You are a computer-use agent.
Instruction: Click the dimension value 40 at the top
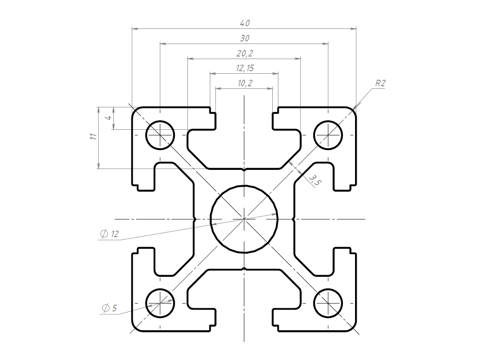click(x=245, y=23)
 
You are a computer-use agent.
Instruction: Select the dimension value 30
click(x=245, y=38)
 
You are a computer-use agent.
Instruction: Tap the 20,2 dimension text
click(x=245, y=53)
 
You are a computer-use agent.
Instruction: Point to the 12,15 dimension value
click(x=245, y=68)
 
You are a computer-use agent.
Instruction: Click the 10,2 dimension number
click(x=245, y=83)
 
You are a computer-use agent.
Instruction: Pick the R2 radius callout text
click(x=380, y=83)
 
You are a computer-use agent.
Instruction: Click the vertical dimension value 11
click(x=94, y=136)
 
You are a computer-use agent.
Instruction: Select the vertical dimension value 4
click(x=109, y=118)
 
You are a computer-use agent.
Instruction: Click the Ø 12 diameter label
click(x=109, y=234)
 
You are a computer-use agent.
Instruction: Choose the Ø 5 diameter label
click(x=109, y=308)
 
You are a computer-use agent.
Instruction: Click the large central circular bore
click(x=244, y=219)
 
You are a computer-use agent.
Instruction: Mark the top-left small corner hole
click(x=160, y=135)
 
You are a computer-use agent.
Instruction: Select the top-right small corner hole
click(x=328, y=135)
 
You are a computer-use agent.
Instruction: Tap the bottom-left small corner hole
click(x=160, y=304)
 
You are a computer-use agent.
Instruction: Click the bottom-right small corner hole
click(x=328, y=304)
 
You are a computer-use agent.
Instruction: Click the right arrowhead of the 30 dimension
click(x=325, y=44)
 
